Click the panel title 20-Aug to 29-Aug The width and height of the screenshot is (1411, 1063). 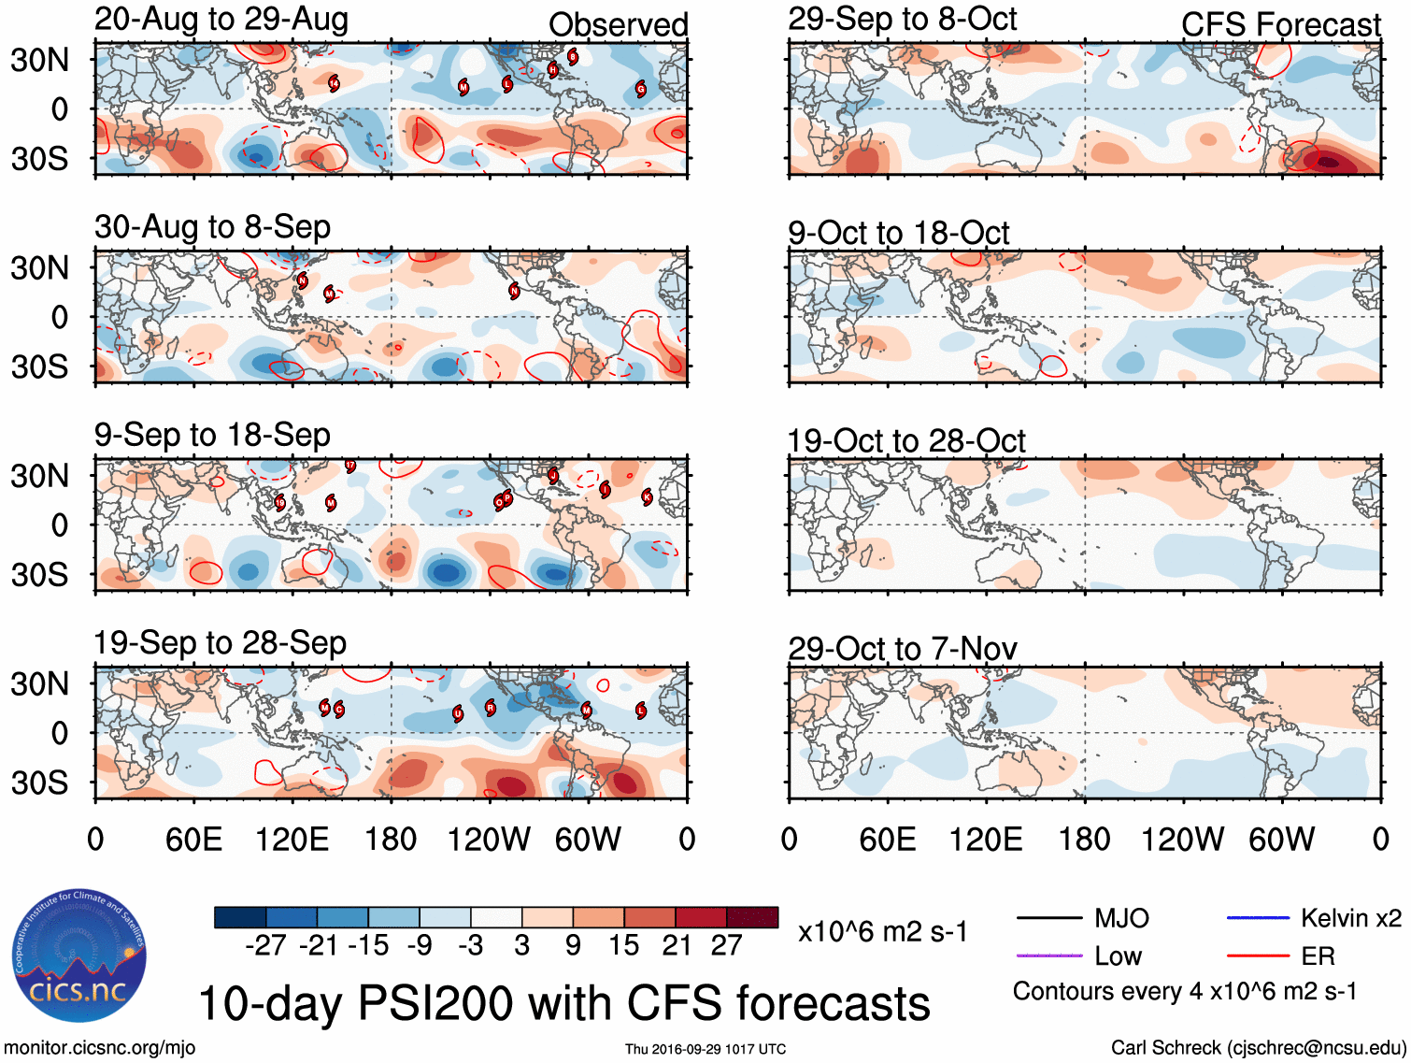coord(221,20)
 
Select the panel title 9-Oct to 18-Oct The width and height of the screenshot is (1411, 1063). coord(899,233)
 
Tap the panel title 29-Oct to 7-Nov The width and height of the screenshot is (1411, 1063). coord(902,648)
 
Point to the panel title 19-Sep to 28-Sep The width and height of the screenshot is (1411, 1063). coord(220,643)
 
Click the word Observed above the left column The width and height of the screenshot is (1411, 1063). coord(618,25)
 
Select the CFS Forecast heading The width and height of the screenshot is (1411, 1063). coord(1280,25)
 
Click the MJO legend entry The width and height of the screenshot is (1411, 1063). coord(1121,918)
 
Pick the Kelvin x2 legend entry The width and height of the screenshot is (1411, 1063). coord(1350,918)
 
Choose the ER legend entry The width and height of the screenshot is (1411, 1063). coord(1318,955)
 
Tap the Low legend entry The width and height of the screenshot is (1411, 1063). coord(1118,955)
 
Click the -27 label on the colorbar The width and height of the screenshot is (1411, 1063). coord(265,946)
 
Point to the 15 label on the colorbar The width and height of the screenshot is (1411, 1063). coord(624,946)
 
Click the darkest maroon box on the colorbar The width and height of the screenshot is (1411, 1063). coord(752,917)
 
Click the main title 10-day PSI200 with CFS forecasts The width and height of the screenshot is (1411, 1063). coord(563,1003)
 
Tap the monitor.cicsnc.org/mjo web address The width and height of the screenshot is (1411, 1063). coord(100,1048)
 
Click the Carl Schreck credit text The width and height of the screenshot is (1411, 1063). coord(1258,1048)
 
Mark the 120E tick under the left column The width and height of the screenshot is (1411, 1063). coord(292,840)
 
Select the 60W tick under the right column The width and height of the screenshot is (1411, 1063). coord(1282,840)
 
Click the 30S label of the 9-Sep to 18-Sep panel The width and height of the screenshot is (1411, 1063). coord(39,574)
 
